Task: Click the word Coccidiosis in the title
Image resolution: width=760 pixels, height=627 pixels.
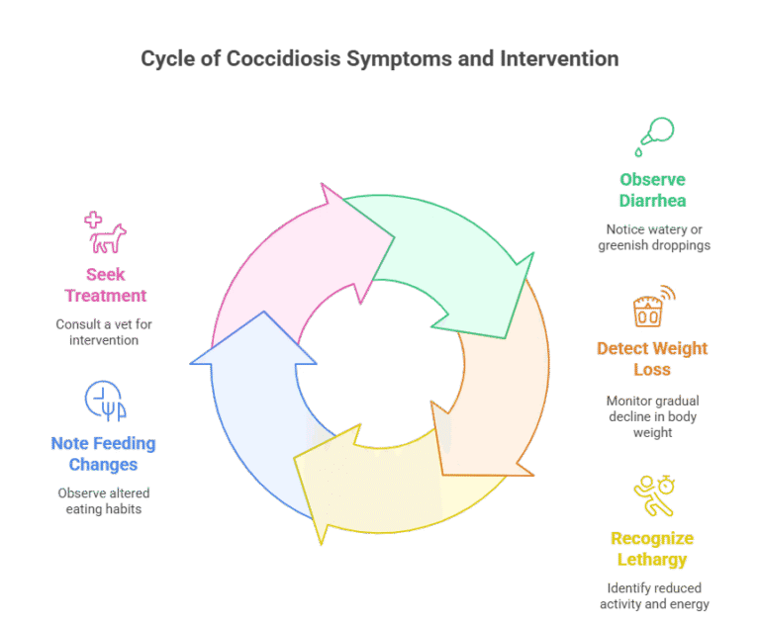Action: (284, 59)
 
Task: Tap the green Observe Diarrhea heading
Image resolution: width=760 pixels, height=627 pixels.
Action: (652, 190)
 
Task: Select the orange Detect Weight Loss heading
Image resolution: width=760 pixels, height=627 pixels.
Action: (652, 359)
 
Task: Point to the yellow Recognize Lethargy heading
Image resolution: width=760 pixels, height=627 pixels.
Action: (652, 549)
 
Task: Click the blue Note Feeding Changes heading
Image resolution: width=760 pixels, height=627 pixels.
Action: (103, 454)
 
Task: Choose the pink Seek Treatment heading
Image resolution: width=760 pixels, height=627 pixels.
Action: (106, 285)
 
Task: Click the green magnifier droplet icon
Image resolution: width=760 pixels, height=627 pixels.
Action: (654, 136)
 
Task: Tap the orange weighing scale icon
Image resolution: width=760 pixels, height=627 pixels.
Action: (654, 307)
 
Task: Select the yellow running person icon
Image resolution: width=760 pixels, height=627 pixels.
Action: (654, 495)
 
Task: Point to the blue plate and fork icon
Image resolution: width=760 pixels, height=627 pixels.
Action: (105, 401)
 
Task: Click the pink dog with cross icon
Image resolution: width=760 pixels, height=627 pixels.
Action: (105, 232)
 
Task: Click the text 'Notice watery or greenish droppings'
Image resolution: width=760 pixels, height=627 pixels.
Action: (654, 237)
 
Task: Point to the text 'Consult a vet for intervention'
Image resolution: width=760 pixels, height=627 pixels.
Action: (104, 332)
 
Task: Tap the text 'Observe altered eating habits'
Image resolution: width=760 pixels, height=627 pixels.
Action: (104, 500)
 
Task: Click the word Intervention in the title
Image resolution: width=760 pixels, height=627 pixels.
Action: (559, 59)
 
